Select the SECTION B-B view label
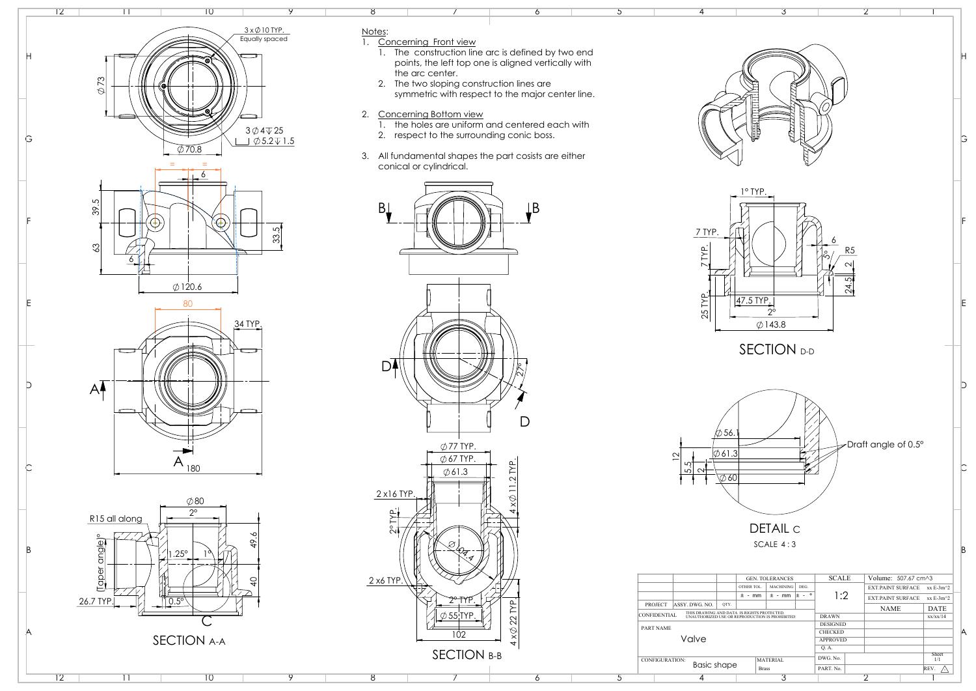click(467, 655)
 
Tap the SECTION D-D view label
click(776, 350)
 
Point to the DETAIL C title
click(774, 529)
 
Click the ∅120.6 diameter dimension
click(187, 287)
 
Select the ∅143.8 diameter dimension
click(771, 324)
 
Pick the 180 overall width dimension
click(193, 468)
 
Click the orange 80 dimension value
click(188, 303)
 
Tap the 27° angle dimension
click(520, 371)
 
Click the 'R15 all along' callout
click(115, 518)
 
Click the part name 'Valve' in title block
click(693, 639)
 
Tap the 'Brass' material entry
click(764, 668)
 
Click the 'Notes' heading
click(374, 31)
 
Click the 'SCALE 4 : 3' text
click(774, 544)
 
